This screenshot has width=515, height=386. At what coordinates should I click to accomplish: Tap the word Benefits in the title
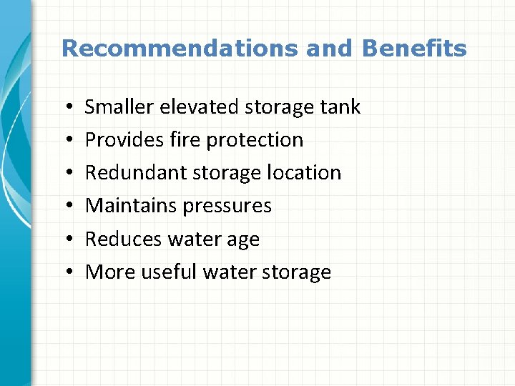pyautogui.click(x=414, y=49)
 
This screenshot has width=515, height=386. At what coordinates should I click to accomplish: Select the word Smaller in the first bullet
pyautogui.click(x=119, y=107)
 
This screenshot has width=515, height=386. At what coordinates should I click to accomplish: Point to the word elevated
pyautogui.click(x=199, y=107)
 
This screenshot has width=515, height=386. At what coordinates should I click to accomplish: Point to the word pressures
pyautogui.click(x=227, y=207)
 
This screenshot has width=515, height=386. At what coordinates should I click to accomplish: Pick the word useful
pyautogui.click(x=169, y=272)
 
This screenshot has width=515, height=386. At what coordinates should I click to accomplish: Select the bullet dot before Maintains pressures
pyautogui.click(x=66, y=207)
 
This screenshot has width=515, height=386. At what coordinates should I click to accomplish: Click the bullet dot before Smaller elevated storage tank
pyautogui.click(x=66, y=108)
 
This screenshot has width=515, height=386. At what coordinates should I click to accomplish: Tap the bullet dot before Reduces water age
pyautogui.click(x=66, y=239)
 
